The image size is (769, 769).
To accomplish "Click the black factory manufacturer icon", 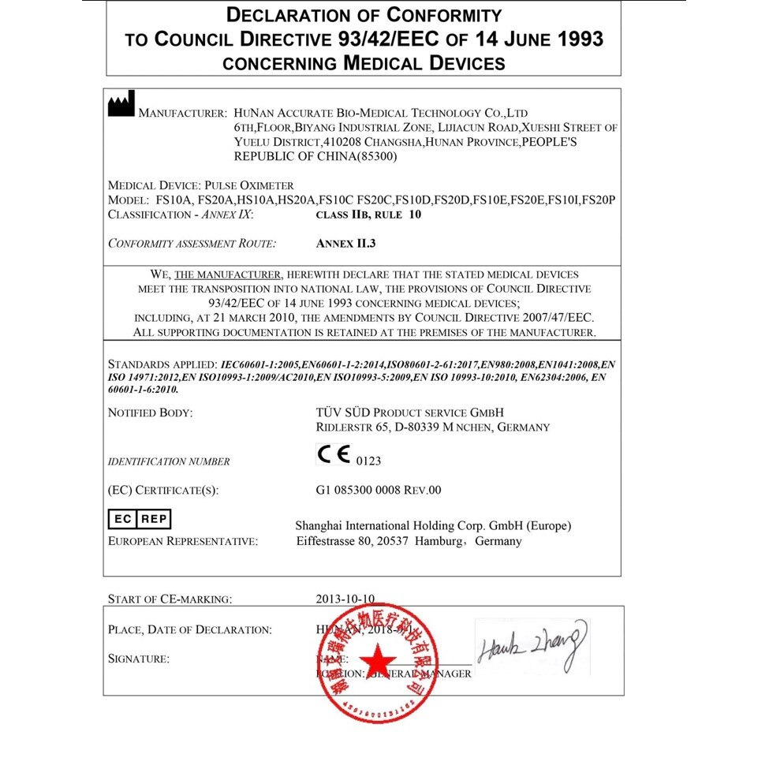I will tap(121, 104).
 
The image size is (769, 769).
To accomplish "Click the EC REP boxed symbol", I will tap(139, 519).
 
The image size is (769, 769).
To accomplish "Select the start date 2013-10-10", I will tap(345, 599).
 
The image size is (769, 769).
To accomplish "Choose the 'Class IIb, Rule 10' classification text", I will tap(368, 215).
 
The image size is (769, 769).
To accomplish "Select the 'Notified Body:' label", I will tap(150, 412).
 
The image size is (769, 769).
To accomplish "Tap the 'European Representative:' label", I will tap(182, 542).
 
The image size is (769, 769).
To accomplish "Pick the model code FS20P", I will tap(599, 200).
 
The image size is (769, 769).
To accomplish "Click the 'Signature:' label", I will tap(138, 659).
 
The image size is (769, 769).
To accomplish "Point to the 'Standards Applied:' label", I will tap(162, 365).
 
